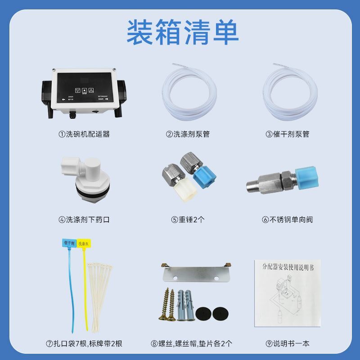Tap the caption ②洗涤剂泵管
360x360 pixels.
188,134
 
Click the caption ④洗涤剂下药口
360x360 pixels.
84,220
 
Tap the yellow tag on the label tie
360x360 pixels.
84,243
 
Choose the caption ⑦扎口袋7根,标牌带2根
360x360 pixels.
84,344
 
